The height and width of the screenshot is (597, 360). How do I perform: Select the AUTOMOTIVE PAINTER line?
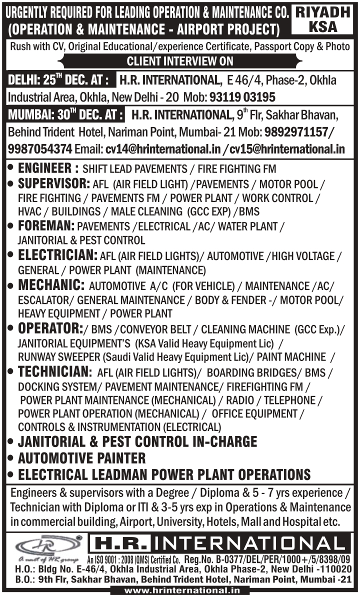point(81,458)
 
